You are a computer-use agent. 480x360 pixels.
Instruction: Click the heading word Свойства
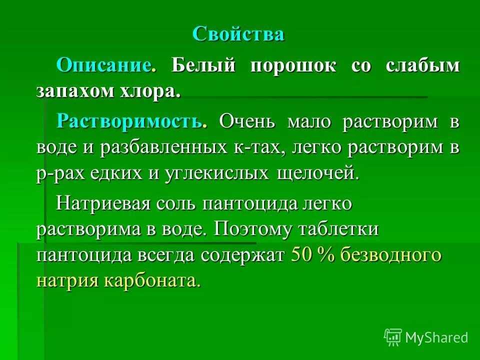click(238, 34)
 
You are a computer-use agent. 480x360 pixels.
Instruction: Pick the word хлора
click(155, 92)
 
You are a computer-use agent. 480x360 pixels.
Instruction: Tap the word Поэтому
click(253, 230)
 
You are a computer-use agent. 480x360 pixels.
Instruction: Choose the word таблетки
click(338, 230)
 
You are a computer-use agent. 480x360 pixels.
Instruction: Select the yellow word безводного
click(391, 255)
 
